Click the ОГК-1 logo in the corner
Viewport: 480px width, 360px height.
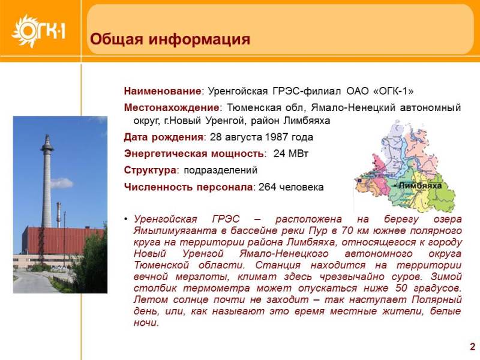click(x=38, y=31)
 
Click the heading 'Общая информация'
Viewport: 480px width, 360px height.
click(x=170, y=39)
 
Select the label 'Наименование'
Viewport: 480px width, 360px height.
click(x=162, y=91)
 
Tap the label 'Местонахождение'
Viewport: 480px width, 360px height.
click(x=172, y=107)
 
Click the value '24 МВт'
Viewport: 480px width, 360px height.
click(x=290, y=153)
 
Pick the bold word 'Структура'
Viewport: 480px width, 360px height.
click(x=150, y=170)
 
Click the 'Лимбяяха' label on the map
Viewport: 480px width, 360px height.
click(x=419, y=185)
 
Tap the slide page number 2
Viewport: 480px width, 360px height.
click(x=473, y=347)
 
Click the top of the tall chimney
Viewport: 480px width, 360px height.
click(x=47, y=136)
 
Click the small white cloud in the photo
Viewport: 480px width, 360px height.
click(x=62, y=183)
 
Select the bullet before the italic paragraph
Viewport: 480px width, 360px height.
click(x=126, y=219)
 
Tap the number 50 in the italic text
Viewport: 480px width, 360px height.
click(x=401, y=288)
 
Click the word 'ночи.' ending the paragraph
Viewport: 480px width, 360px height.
click(x=146, y=323)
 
